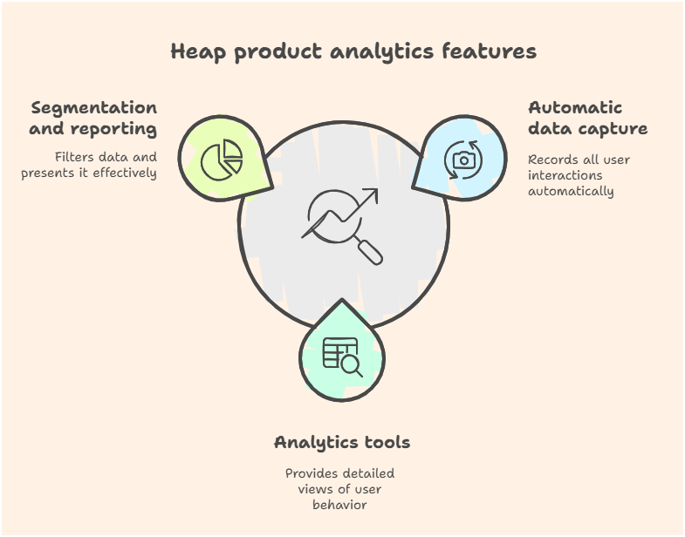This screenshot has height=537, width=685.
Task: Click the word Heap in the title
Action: pyautogui.click(x=198, y=51)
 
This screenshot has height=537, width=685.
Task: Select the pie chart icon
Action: pyautogui.click(x=222, y=160)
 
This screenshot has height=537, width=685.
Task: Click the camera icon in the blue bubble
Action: pyautogui.click(x=464, y=160)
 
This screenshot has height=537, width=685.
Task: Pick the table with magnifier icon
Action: pyautogui.click(x=342, y=357)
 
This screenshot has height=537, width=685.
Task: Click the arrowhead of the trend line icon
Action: pyautogui.click(x=371, y=195)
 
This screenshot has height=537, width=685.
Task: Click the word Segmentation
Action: pyautogui.click(x=94, y=108)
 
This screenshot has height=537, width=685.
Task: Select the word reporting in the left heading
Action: pyautogui.click(x=113, y=129)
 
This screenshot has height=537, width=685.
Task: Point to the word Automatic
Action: pyautogui.click(x=575, y=107)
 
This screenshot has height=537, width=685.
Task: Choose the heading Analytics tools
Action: pyautogui.click(x=342, y=442)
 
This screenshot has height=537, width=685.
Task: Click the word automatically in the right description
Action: pyautogui.click(x=571, y=191)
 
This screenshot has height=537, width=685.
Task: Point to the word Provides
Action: pyautogui.click(x=310, y=473)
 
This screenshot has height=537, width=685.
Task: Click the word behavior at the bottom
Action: pyautogui.click(x=339, y=505)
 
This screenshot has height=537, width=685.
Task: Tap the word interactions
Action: pyautogui.click(x=565, y=175)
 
